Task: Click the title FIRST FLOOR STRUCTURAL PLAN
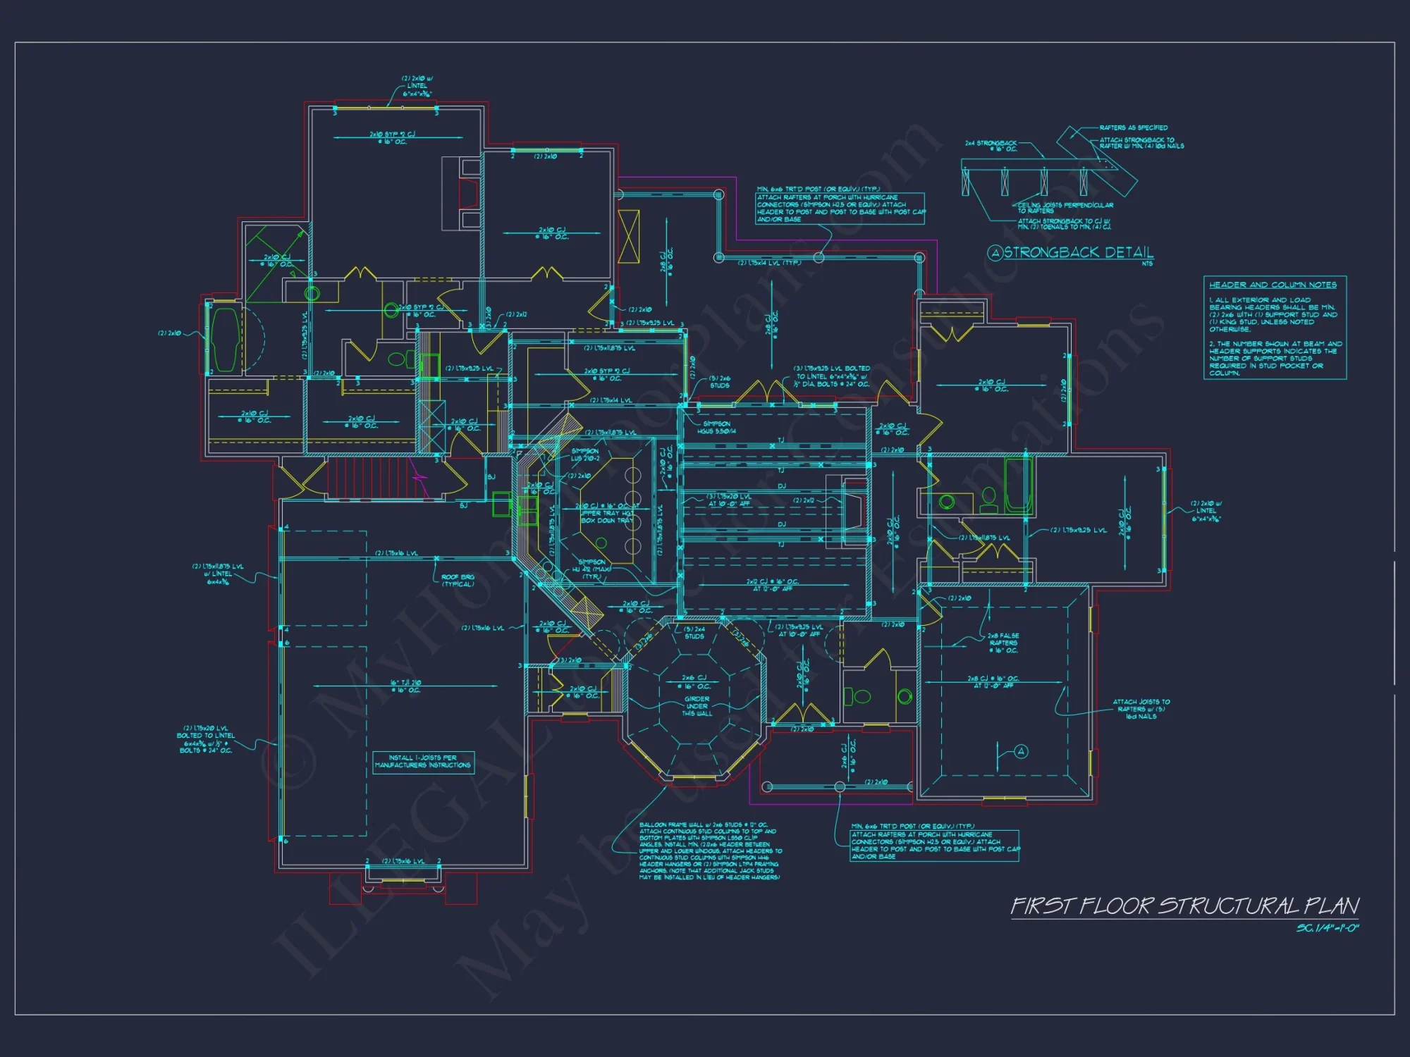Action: coord(1184,906)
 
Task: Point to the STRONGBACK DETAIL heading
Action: coord(1078,253)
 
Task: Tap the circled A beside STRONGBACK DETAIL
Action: coord(995,254)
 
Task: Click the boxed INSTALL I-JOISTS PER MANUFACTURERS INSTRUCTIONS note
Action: coord(423,762)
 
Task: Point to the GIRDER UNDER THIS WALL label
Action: coord(697,706)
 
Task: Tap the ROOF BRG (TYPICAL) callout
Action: coord(458,581)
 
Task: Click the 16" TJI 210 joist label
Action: coord(406,686)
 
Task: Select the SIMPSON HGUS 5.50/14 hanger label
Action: coord(715,428)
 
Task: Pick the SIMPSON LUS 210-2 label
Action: coord(585,455)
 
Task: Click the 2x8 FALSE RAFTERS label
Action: coord(1003,643)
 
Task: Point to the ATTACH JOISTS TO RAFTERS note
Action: coord(1141,709)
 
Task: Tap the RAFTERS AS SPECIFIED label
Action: coord(1133,128)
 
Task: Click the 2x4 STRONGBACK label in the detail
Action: coord(991,146)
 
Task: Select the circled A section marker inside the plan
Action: coord(1021,751)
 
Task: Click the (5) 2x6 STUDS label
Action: coord(719,382)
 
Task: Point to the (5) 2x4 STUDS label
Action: coord(694,632)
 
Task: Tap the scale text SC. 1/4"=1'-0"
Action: coord(1328,928)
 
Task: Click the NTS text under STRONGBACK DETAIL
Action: coord(1147,264)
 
